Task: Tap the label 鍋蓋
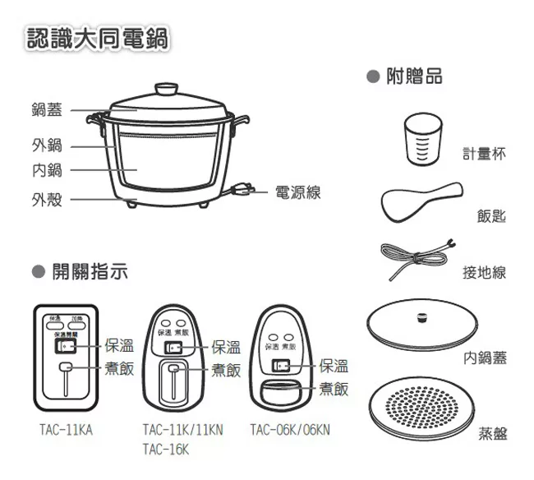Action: tap(47, 109)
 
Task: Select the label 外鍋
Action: tap(47, 145)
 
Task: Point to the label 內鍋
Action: tap(47, 170)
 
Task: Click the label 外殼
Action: tap(47, 199)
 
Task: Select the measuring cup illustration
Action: tap(424, 138)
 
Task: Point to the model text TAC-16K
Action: tap(165, 450)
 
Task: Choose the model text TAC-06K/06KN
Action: tap(290, 430)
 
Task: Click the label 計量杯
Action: tap(484, 154)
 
